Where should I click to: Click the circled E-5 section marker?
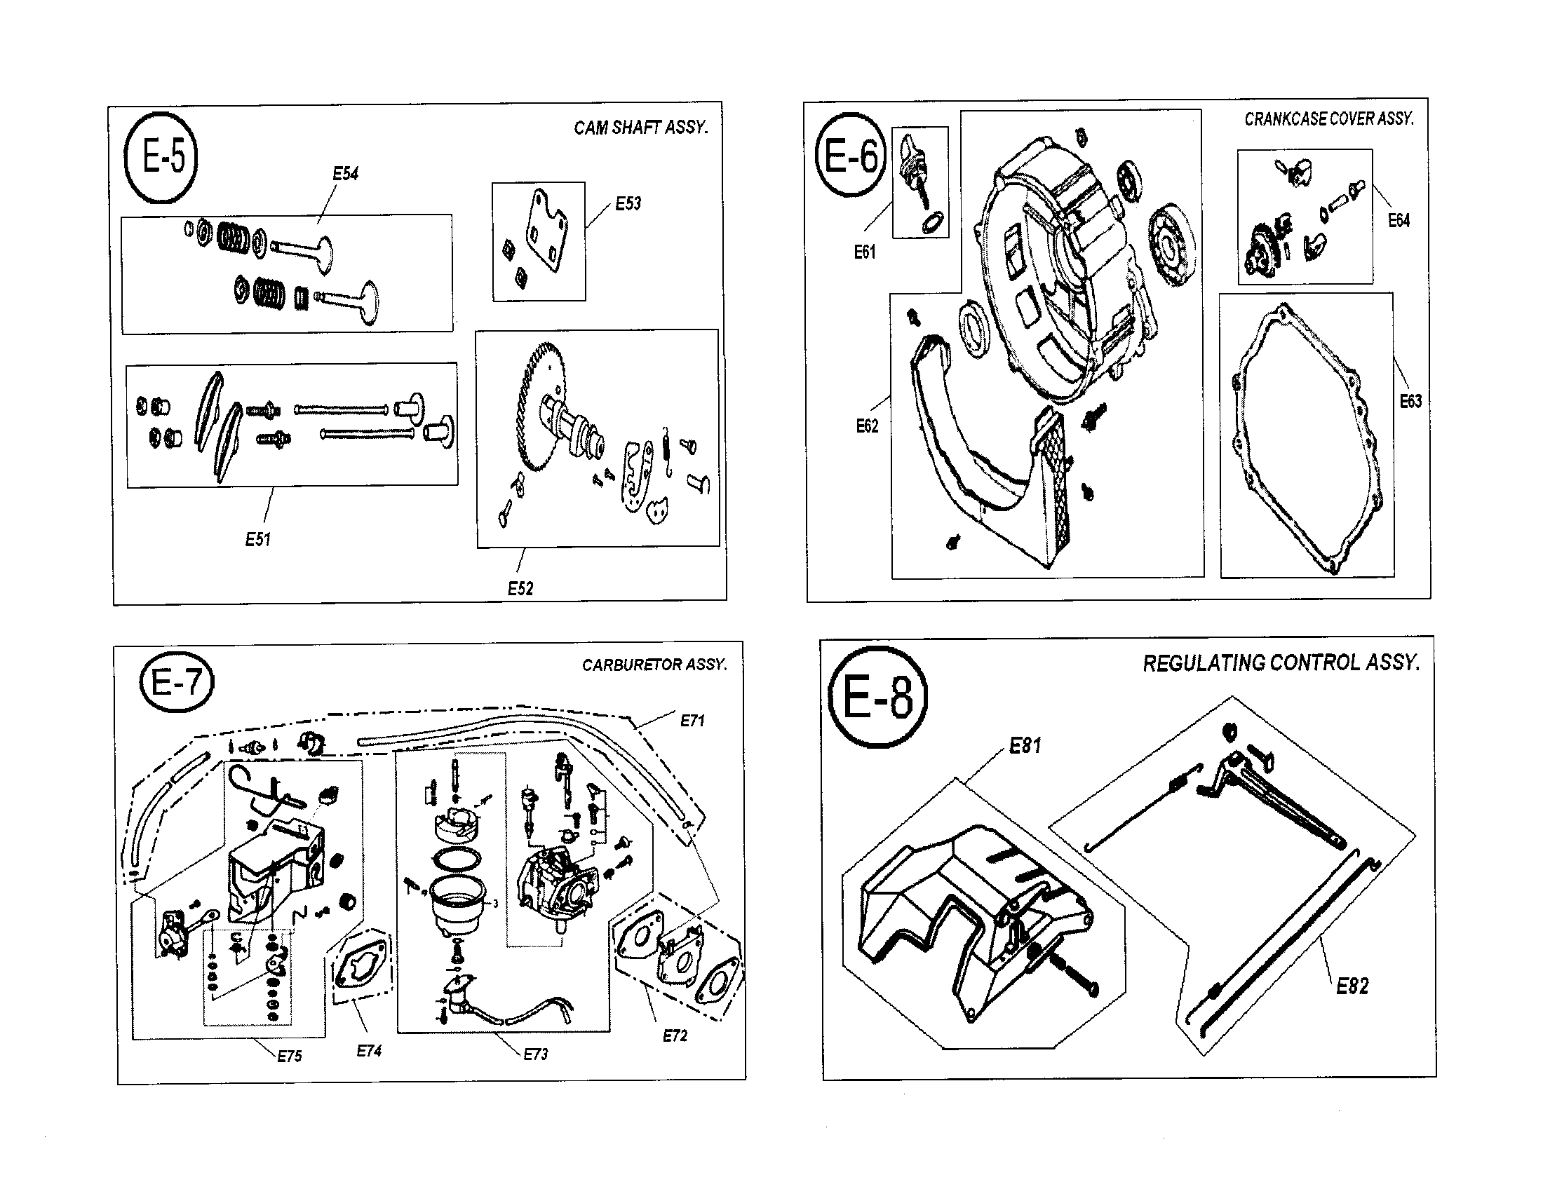tap(161, 158)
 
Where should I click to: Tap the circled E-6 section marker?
tap(851, 156)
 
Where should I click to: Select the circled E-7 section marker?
tap(177, 683)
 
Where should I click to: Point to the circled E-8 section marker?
tap(877, 697)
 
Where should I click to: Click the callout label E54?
tap(346, 174)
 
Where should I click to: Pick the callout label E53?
tap(628, 204)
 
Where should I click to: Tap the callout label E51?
tap(258, 539)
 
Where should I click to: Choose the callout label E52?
tap(520, 588)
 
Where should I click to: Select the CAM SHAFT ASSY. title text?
tap(641, 128)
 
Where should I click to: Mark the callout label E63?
tap(1410, 401)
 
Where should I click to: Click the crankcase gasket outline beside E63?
tap(1238, 437)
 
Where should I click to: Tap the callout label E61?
tap(865, 252)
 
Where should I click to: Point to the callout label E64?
tap(1398, 220)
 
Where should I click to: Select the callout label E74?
tap(369, 1051)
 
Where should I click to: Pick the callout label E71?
tap(692, 721)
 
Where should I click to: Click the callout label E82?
tap(1352, 986)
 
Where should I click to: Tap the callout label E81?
tap(1025, 746)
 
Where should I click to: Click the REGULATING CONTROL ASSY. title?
tap(1281, 663)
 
